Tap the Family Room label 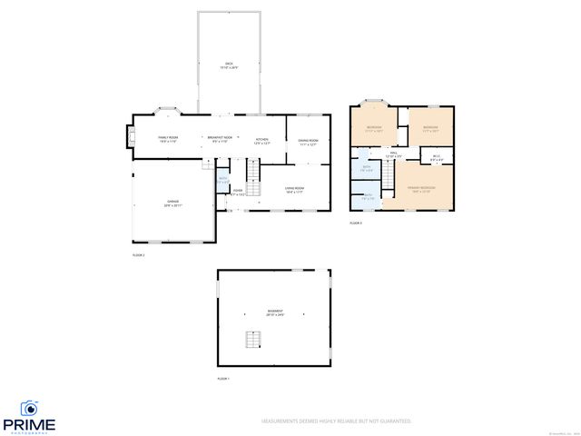coord(169,139)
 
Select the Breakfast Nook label coord(221,139)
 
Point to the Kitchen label coord(261,139)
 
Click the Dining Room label coord(308,142)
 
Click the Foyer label coord(237,192)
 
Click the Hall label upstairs coord(393,155)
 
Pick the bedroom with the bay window coord(373,129)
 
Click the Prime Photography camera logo coord(30,408)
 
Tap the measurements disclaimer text coord(336,421)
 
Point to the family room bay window coord(169,112)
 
